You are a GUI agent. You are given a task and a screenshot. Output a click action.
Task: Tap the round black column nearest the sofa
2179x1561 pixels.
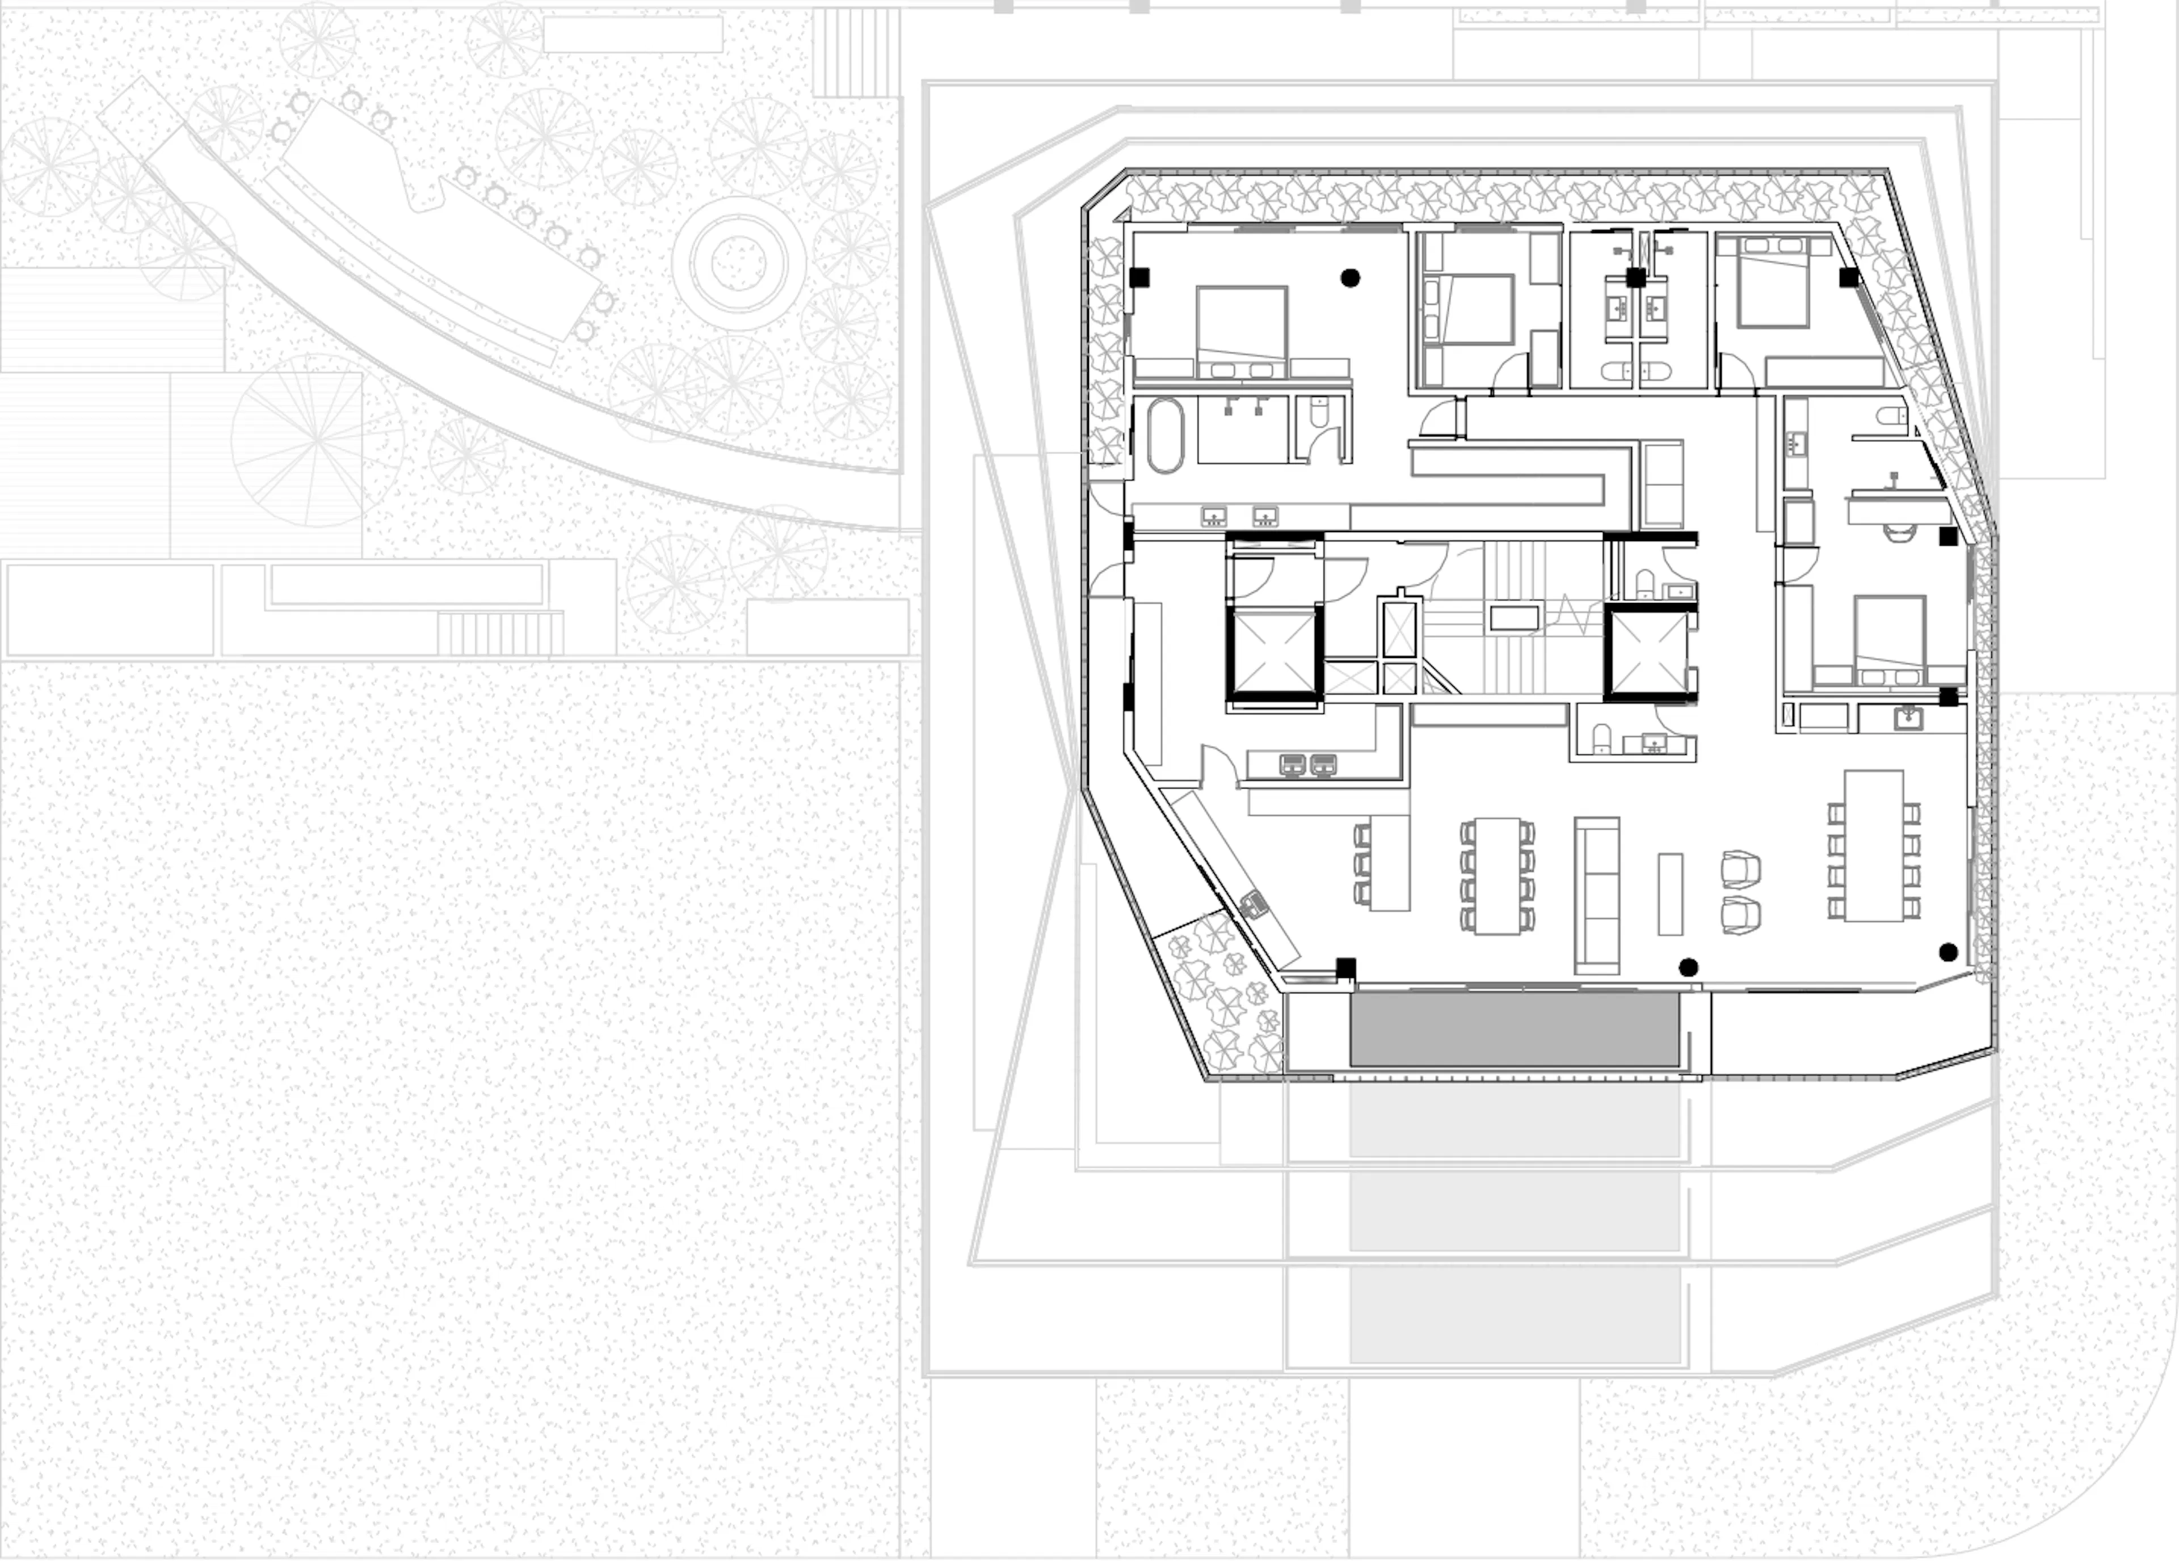1688,967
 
